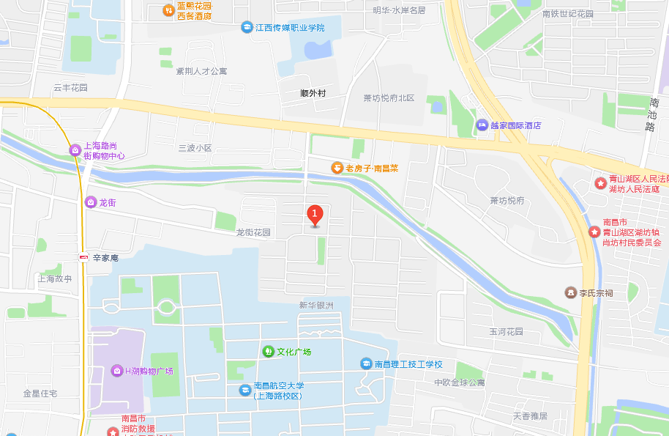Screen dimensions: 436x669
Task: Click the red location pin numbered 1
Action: coord(315,215)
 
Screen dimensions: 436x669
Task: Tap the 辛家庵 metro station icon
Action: coord(84,257)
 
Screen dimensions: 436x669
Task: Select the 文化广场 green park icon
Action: coord(268,352)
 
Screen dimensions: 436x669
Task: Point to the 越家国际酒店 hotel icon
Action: coord(482,125)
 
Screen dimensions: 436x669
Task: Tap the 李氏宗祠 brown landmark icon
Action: coord(570,292)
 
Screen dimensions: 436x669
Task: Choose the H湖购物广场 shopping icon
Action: coord(116,371)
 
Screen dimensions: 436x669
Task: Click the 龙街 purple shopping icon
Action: coord(90,202)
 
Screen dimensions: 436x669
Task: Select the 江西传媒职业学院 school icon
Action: coord(247,27)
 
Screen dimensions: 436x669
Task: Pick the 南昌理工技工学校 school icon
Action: coord(365,363)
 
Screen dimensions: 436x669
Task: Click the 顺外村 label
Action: coord(313,93)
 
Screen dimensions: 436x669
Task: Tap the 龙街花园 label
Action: coord(253,232)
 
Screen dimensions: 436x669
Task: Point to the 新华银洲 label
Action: coord(315,305)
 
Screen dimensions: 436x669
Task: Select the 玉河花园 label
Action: coord(507,331)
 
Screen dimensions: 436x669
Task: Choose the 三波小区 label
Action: coord(195,147)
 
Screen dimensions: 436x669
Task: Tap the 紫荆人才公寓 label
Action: coord(201,71)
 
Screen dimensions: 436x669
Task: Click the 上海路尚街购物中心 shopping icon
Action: coord(75,150)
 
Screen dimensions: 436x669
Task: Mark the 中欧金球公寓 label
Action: coord(459,383)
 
